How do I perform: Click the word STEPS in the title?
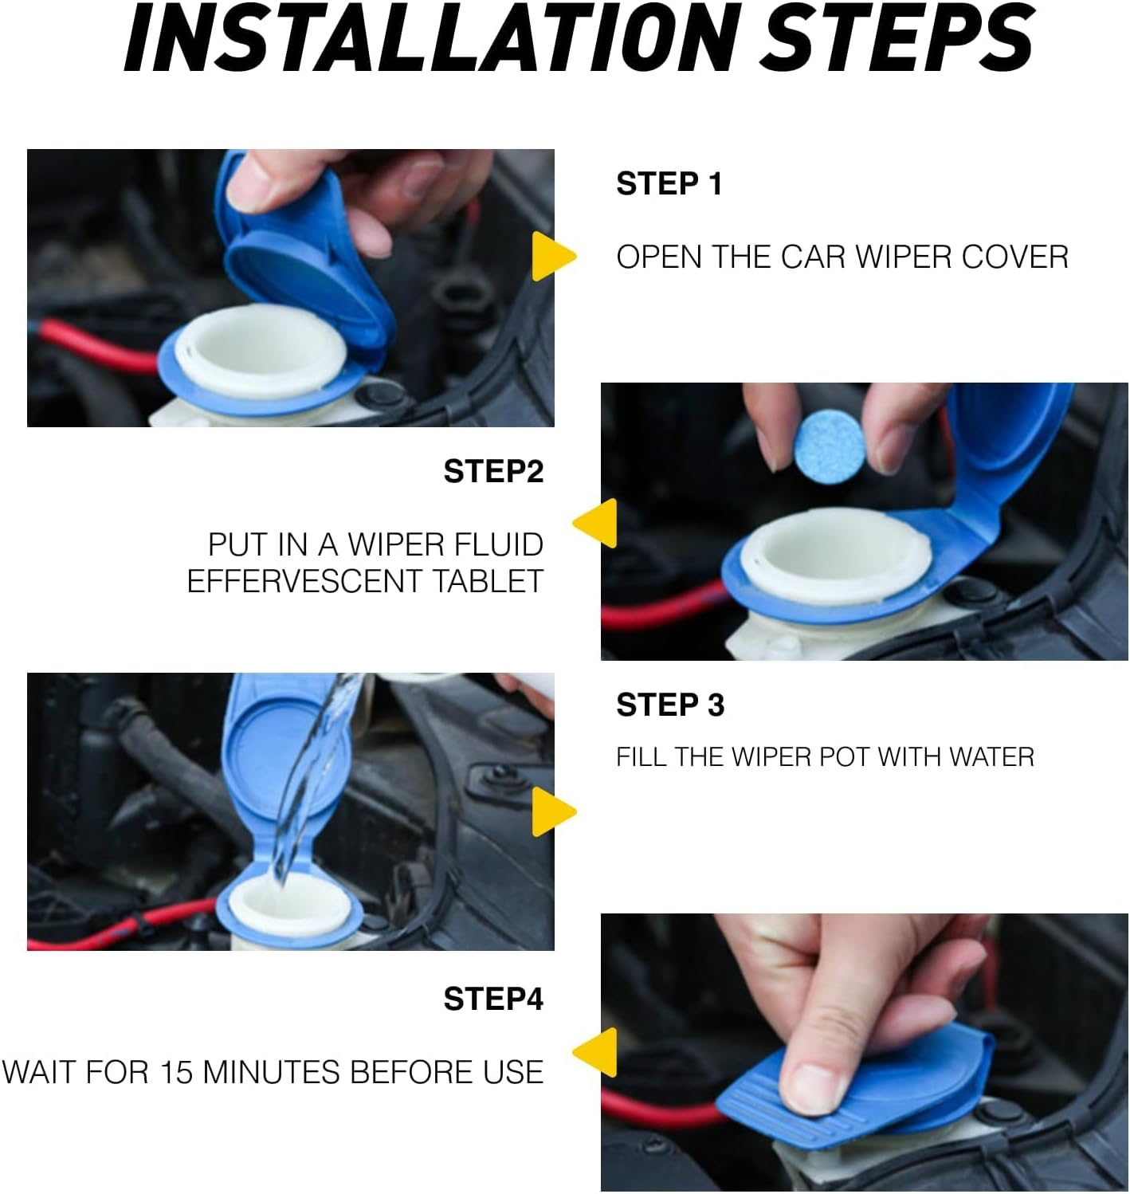point(897,37)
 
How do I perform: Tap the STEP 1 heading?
point(669,183)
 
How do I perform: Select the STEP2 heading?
point(493,471)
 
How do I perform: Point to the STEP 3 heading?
point(670,705)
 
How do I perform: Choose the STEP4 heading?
point(493,999)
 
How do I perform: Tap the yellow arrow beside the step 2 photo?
point(594,523)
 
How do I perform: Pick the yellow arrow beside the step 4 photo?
point(594,1052)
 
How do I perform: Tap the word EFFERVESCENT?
point(304,581)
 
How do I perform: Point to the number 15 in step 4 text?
point(176,1072)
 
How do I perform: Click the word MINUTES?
point(271,1072)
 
